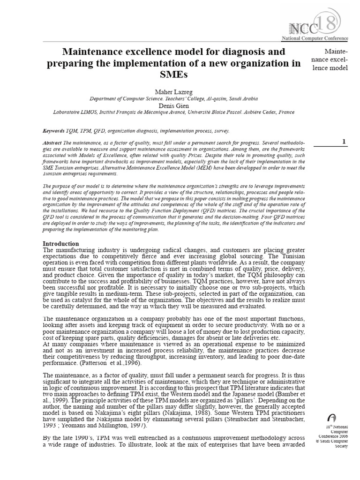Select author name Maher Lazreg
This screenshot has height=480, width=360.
pyautogui.click(x=173, y=91)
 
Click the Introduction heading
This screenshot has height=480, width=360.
pyautogui.click(x=61, y=244)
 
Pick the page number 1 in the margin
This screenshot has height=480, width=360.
pyautogui.click(x=344, y=142)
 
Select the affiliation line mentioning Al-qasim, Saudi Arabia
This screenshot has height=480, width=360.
pyautogui.click(x=173, y=98)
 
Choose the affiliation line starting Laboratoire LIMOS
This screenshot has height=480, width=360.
pyautogui.click(x=173, y=112)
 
